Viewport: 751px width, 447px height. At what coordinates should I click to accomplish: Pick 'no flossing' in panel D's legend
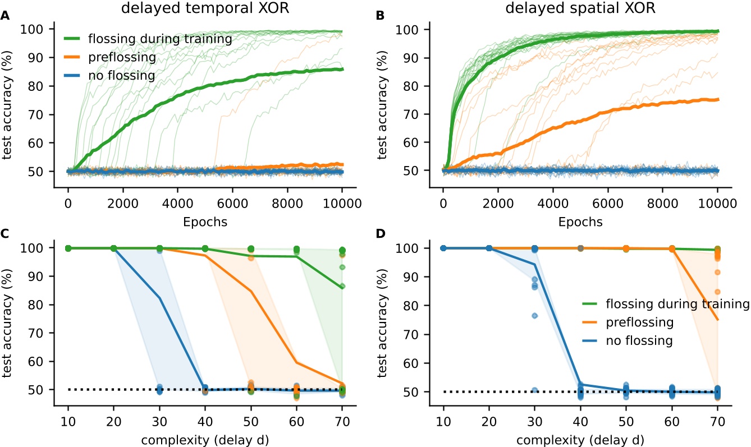click(x=640, y=340)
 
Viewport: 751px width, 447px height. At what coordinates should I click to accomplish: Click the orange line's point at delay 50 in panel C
click(x=251, y=291)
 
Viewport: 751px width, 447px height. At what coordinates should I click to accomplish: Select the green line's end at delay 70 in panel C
click(x=342, y=288)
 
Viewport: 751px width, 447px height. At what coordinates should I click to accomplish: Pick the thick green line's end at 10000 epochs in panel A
click(x=342, y=69)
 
